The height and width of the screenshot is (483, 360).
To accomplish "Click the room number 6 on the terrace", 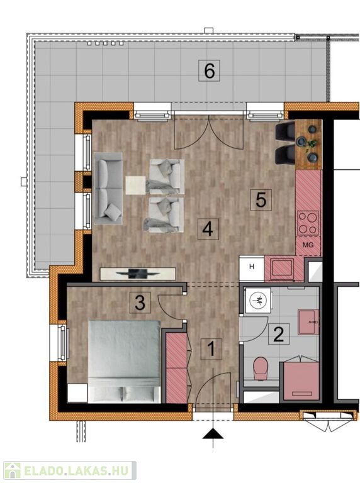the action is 210,70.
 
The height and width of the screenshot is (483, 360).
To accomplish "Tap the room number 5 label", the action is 261,200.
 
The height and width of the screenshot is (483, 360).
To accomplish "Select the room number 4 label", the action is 208,229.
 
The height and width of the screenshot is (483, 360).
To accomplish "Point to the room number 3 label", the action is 140,303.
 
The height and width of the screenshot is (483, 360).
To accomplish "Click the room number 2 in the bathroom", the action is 279,334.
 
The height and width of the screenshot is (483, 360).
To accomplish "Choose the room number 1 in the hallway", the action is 211,349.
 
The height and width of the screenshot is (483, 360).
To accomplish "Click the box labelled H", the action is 252,267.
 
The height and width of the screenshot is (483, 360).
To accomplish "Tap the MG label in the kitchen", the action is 308,245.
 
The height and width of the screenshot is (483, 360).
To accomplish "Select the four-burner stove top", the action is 308,223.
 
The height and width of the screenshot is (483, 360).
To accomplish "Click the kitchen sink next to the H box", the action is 282,268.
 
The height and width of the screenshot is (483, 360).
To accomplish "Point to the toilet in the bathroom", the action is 261,369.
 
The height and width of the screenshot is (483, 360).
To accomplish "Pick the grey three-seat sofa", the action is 108,188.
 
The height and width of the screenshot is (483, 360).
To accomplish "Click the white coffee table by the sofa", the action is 135,185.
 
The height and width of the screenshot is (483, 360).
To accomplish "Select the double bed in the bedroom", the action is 124,362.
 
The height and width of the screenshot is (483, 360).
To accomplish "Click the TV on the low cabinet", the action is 138,274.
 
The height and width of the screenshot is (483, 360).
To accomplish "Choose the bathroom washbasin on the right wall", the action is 308,322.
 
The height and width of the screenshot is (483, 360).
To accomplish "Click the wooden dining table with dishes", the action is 309,145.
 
